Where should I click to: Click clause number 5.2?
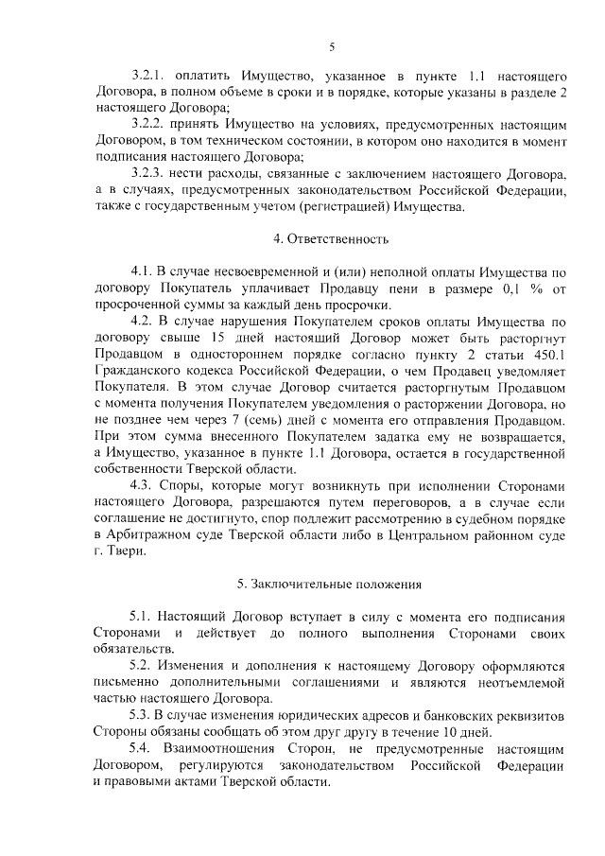click(143, 664)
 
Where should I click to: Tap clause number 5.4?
click(143, 749)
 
